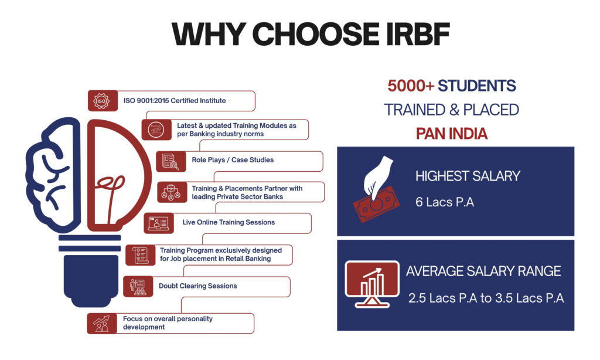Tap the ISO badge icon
(x=101, y=100)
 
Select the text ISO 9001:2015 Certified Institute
(x=174, y=101)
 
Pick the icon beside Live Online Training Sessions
(x=158, y=223)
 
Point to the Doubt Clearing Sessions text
(x=197, y=286)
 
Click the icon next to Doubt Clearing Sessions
(x=137, y=286)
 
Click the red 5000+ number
(x=411, y=86)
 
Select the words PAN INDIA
(x=451, y=133)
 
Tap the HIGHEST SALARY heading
(x=468, y=175)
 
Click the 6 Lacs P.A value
(x=444, y=203)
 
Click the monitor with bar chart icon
(x=373, y=283)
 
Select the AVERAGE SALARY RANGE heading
(x=483, y=271)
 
